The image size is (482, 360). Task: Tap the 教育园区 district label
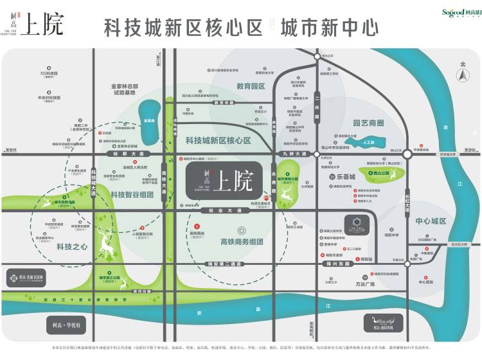pyautogui.click(x=251, y=85)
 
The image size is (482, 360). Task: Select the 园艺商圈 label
pyautogui.click(x=368, y=122)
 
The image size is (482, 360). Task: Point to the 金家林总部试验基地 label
pyautogui.click(x=125, y=89)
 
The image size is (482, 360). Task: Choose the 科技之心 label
pyautogui.click(x=72, y=246)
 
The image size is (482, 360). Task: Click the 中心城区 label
pyautogui.click(x=431, y=221)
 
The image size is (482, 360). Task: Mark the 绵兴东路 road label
pyautogui.click(x=337, y=264)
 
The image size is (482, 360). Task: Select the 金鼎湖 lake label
pyautogui.click(x=150, y=120)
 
